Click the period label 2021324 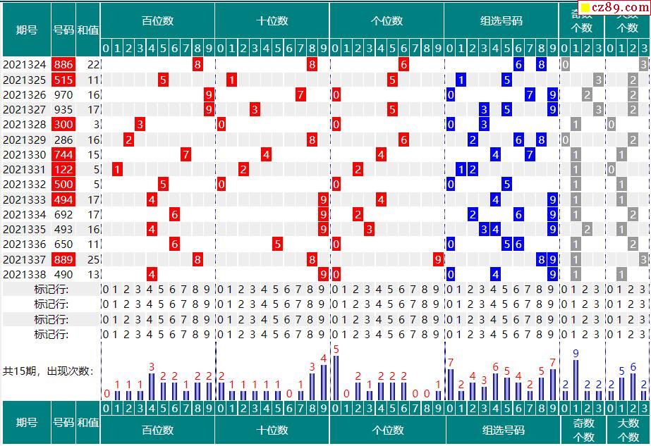pos(25,65)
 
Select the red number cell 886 pos(63,65)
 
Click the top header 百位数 pos(157,21)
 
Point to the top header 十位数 pos(272,21)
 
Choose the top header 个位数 pos(387,21)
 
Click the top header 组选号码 pos(501,21)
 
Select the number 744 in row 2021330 pos(63,155)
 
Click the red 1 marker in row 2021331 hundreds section pos(118,170)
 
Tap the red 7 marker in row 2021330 pos(186,155)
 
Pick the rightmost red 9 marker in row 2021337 pos(438,260)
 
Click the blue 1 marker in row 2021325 pos(461,80)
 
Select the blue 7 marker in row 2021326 pos(530,94)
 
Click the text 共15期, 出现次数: pos(48,371)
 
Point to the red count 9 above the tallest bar pos(576,354)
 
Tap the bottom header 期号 pos(27,423)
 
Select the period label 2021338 pos(25,275)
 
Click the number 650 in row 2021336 pos(63,244)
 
